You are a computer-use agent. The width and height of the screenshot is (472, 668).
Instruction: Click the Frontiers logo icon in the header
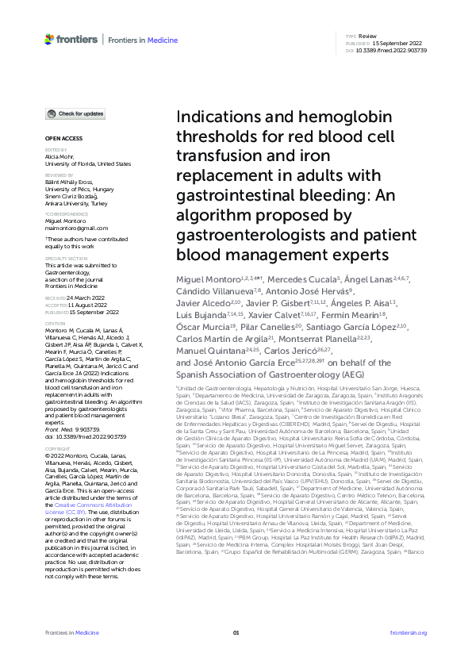49,38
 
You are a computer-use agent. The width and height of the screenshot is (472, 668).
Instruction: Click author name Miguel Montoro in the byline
202,280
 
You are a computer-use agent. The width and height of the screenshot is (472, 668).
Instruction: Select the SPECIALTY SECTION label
64,258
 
